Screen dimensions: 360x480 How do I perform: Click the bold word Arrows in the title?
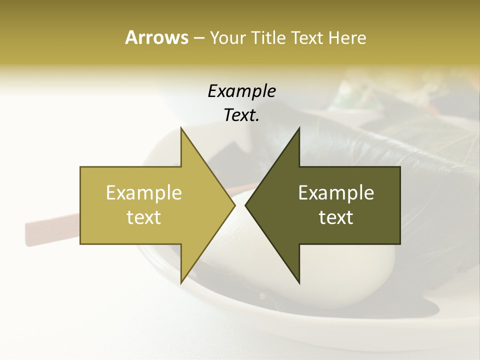click(156, 37)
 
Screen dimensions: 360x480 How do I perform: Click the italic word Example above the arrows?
click(242, 91)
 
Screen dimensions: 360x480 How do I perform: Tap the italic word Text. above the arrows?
click(242, 115)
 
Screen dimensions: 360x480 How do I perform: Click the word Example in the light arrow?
click(144, 192)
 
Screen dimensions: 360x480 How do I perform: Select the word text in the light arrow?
click(144, 217)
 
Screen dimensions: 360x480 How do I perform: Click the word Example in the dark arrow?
click(336, 192)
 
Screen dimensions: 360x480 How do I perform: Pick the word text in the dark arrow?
click(336, 217)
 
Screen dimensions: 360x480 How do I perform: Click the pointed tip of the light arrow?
click(234, 205)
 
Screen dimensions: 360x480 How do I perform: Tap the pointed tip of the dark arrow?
click(246, 205)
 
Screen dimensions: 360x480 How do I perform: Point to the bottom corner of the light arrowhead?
click(181, 283)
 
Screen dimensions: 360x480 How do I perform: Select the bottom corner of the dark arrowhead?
click(299, 283)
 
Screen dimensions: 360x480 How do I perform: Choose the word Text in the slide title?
click(306, 38)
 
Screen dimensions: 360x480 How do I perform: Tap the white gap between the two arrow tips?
click(240, 205)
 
